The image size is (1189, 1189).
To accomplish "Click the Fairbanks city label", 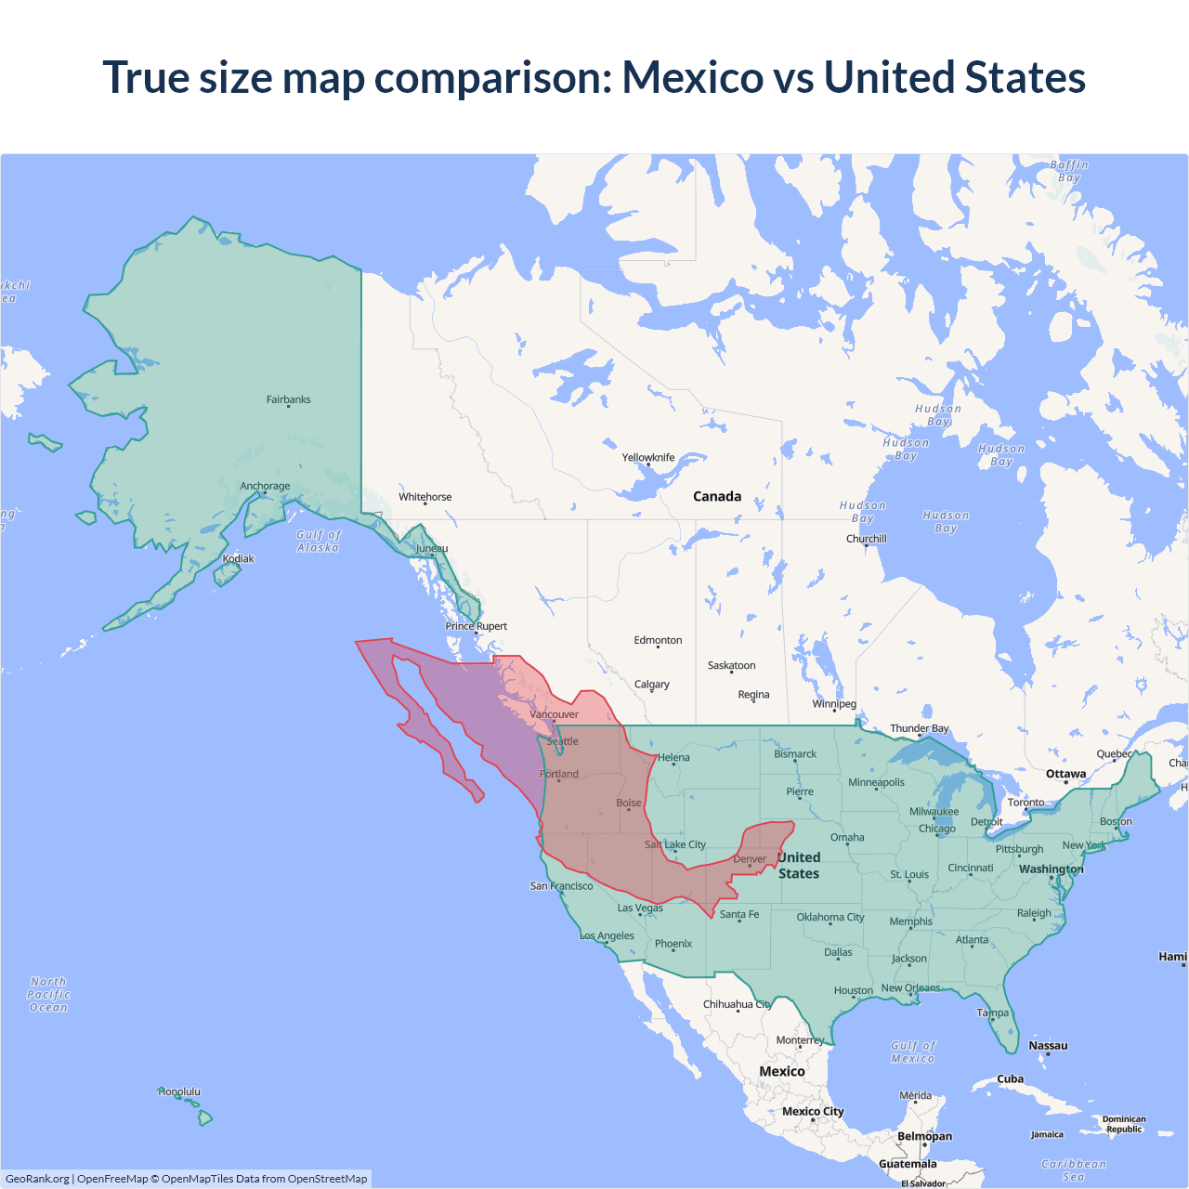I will (288, 399).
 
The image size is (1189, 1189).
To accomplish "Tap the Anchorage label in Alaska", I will (265, 486).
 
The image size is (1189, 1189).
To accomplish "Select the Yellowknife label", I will (648, 457).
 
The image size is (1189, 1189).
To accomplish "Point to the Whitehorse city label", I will (425, 497).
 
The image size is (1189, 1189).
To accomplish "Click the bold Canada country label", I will (717, 496).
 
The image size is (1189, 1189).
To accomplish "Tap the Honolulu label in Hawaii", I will (179, 1091).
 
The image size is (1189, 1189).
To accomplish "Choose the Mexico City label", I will (813, 1111).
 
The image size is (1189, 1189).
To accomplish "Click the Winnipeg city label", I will (834, 703).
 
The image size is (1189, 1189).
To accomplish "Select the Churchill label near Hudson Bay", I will (866, 539).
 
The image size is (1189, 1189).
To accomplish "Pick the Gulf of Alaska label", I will (319, 541).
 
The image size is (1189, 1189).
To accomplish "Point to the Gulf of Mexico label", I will (913, 1052).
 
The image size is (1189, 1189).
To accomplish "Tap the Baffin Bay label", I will (1069, 171).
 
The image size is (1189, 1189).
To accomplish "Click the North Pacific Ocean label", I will (48, 994).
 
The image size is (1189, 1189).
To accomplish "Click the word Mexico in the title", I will (692, 77).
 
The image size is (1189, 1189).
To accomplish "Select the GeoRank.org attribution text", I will (37, 1179).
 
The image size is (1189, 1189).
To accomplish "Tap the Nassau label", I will (1048, 1045).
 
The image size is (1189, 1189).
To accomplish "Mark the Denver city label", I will (750, 859).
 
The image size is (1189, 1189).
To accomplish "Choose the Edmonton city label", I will (658, 640).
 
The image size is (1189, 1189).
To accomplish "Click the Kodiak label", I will (238, 558).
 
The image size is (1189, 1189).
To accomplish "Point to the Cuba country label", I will (1010, 1078).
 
